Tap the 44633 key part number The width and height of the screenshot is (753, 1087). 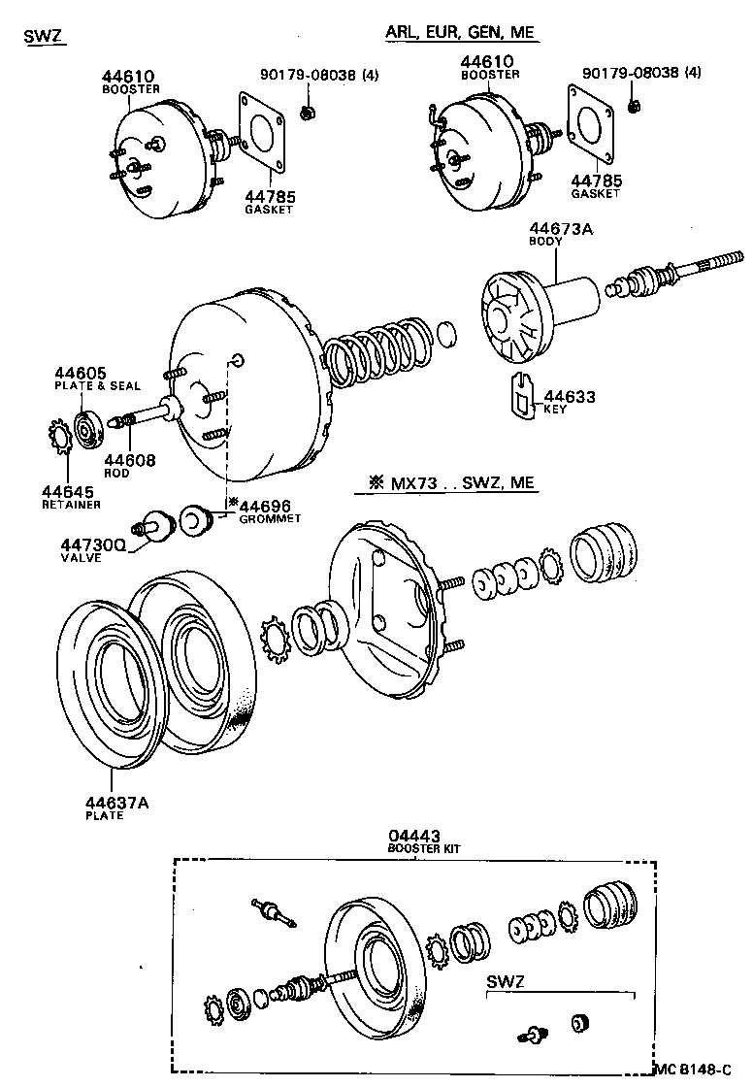pos(570,396)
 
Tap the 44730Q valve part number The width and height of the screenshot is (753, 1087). pos(91,545)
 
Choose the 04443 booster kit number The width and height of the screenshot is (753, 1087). pos(414,835)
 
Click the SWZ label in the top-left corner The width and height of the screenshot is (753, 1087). pos(43,37)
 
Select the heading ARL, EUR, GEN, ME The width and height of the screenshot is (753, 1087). pos(460,32)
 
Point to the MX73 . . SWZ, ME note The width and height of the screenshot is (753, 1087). pos(451,482)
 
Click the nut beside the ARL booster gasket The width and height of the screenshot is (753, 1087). pos(634,106)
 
